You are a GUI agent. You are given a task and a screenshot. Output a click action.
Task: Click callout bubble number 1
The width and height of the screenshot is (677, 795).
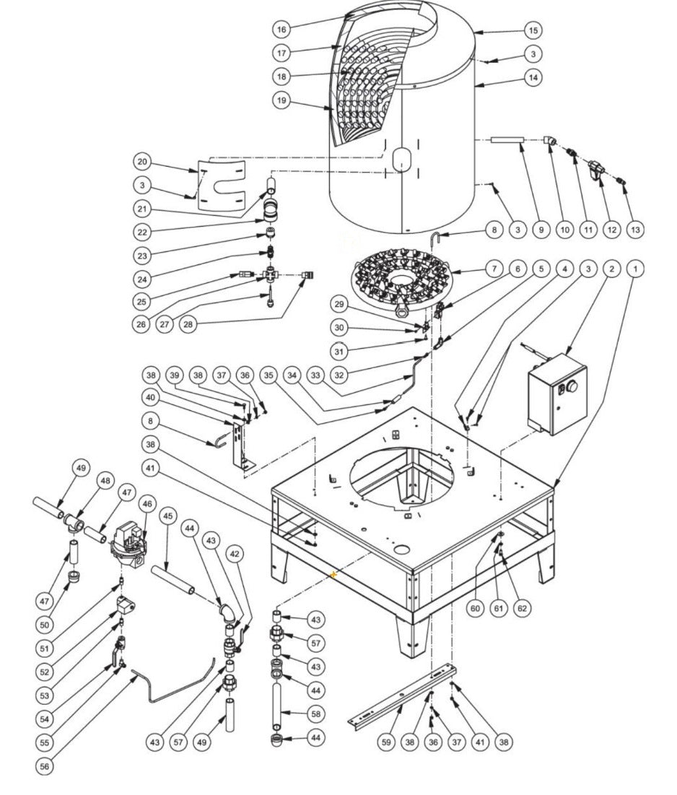[635, 269]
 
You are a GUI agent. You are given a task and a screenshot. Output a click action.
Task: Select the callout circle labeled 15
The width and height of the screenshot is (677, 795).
[533, 30]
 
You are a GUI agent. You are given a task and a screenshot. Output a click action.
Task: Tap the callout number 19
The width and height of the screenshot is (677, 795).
[282, 100]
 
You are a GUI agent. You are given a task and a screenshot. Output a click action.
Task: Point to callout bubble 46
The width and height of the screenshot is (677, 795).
[149, 503]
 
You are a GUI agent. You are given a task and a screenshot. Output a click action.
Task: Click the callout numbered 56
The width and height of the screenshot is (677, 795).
[45, 767]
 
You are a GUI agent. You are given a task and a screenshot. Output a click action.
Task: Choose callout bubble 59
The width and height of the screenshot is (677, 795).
[387, 742]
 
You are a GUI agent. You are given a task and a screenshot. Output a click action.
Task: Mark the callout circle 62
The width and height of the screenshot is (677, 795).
[522, 608]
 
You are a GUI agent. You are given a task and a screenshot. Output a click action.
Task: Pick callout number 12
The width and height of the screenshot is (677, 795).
[612, 230]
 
